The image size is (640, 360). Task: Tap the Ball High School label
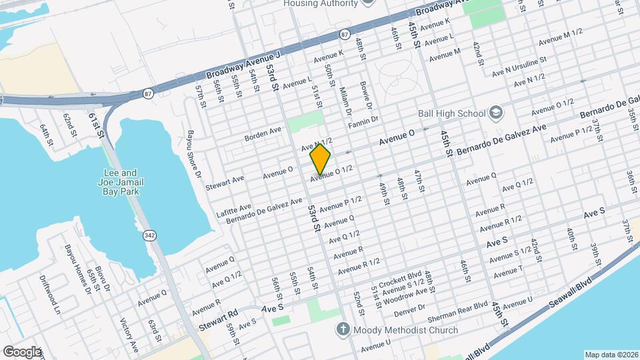451,113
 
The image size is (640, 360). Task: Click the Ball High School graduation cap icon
495,112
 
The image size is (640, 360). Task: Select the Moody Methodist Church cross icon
343,329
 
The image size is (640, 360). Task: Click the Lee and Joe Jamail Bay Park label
120,181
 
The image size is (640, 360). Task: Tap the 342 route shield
149,235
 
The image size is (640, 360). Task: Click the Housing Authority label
321,3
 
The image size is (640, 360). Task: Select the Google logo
22,351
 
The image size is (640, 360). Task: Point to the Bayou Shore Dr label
193,154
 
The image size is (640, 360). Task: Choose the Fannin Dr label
363,122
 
